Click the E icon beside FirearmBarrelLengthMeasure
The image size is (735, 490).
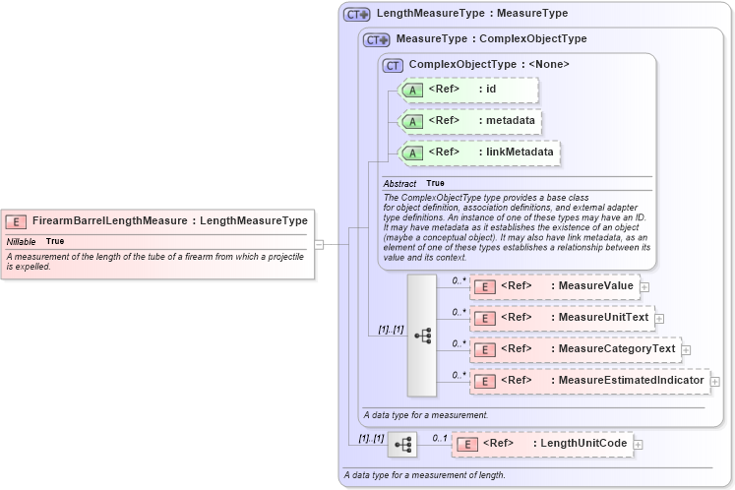pos(16,221)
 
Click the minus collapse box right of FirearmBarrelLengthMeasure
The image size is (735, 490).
pos(319,244)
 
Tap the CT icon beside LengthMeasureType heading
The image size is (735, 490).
pos(356,15)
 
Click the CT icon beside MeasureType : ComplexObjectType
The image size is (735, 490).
pos(377,40)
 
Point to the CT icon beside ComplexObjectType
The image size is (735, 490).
pos(394,65)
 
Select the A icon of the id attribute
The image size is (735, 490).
pos(413,91)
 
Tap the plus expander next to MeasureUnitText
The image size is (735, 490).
pos(659,318)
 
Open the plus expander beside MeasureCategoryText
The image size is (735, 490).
pos(686,349)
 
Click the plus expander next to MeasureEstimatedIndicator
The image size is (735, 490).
pos(715,381)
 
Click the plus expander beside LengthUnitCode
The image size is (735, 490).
pos(639,445)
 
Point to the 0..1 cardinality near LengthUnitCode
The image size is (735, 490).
pos(440,438)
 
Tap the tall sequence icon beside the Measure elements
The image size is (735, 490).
pos(422,335)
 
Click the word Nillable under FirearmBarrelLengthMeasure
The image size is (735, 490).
pos(22,241)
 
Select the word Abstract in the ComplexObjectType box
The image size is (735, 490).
pos(399,184)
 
